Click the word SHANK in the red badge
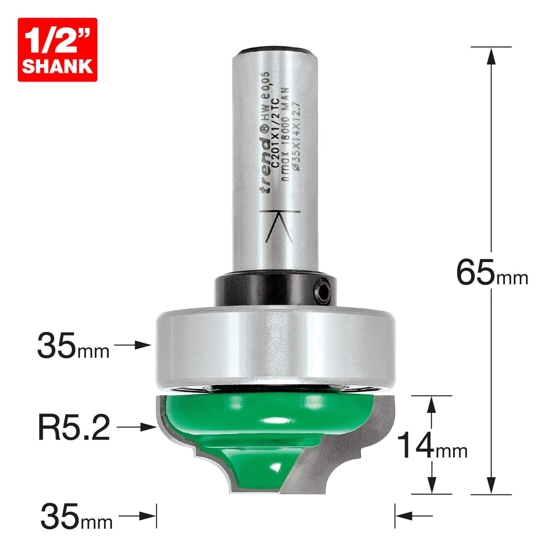click(57, 67)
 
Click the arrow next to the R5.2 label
click(137, 427)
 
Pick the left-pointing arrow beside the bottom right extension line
click(413, 516)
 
